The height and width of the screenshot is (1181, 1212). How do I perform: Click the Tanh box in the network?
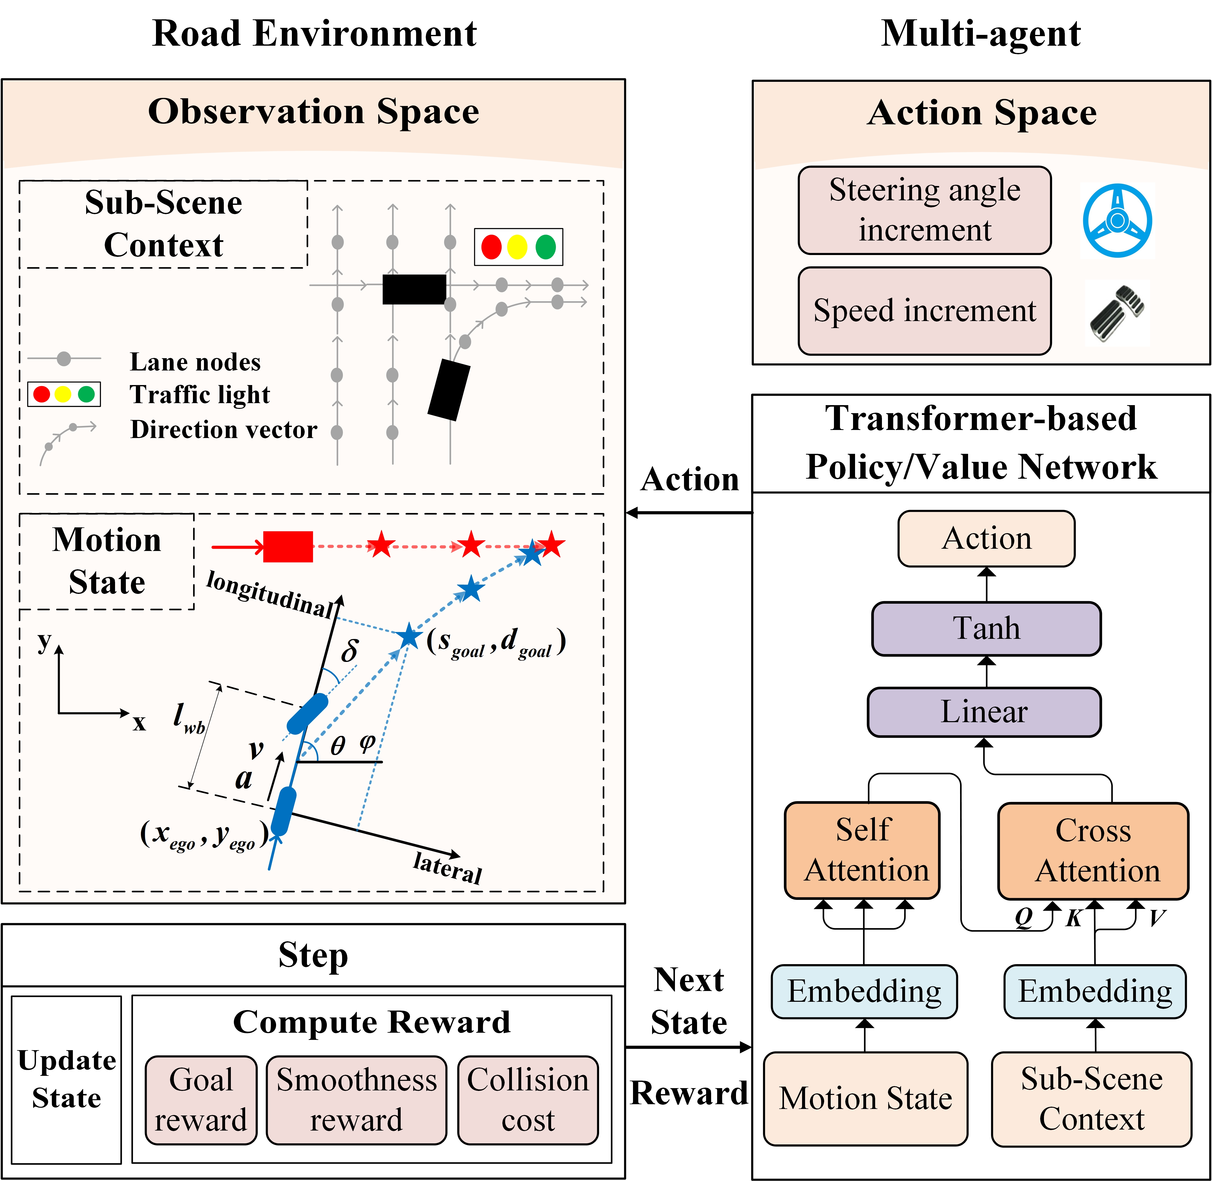986,628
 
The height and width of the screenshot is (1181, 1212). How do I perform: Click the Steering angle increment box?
925,210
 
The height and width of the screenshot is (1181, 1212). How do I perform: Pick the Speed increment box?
925,311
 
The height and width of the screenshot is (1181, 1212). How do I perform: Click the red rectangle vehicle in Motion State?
288,546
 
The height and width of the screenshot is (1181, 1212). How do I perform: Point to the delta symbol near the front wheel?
349,651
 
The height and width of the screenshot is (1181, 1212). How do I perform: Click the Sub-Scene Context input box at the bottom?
1092,1099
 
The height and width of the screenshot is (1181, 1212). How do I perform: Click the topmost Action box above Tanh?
986,538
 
